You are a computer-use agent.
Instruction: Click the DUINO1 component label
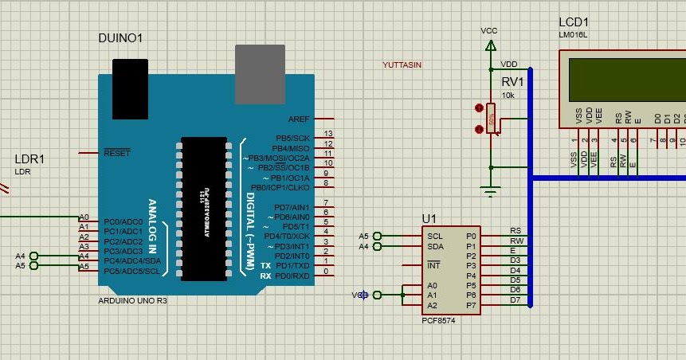tap(120, 38)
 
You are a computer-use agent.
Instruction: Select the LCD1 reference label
tap(574, 23)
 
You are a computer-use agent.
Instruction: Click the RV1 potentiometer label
tap(512, 82)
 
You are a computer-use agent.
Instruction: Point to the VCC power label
tap(488, 30)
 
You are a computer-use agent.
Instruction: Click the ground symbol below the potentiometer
tap(490, 190)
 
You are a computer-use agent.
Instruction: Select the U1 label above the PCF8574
tap(430, 218)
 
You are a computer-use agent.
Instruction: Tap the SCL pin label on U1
tap(435, 236)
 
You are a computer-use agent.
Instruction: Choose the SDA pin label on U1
tap(435, 246)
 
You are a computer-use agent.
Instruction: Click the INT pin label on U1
tap(433, 265)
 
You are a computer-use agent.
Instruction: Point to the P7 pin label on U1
tap(471, 305)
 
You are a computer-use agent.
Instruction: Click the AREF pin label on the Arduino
tap(299, 118)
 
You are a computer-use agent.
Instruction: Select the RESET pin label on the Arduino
tap(116, 152)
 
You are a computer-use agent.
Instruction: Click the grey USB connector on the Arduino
tap(260, 73)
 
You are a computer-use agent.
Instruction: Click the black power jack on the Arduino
tap(129, 88)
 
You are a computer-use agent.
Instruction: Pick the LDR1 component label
tap(29, 159)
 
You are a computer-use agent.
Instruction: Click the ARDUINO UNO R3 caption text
tap(132, 301)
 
